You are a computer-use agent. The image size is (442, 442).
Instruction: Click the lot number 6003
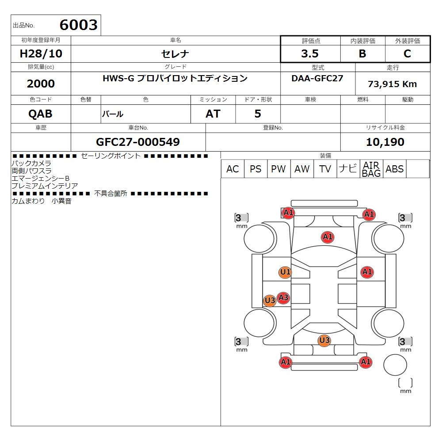click(x=78, y=25)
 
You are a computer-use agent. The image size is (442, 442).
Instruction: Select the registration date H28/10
click(x=41, y=54)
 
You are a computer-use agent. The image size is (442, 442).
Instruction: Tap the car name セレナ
click(x=175, y=54)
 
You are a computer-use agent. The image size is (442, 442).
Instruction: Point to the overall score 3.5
click(x=310, y=54)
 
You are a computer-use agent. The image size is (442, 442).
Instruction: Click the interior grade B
click(x=362, y=54)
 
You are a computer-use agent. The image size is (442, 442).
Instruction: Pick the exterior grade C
click(x=408, y=54)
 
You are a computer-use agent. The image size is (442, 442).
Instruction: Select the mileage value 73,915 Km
click(x=392, y=84)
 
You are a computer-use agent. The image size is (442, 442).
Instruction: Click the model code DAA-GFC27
click(x=318, y=78)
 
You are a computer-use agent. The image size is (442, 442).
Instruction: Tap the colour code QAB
click(x=40, y=114)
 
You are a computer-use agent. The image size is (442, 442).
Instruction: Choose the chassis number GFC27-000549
click(x=138, y=142)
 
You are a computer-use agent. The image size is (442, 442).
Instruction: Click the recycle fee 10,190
click(x=385, y=142)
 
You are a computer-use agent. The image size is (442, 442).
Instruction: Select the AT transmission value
click(x=213, y=114)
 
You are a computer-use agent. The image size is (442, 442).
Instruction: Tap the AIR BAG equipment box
click(x=371, y=169)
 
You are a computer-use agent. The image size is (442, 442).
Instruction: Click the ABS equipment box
click(x=394, y=169)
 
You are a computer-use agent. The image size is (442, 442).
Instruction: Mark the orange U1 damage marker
click(x=285, y=272)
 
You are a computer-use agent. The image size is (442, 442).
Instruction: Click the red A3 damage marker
click(x=283, y=298)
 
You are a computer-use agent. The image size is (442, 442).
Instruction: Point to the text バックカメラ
click(x=31, y=163)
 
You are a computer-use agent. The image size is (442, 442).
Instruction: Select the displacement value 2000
click(x=41, y=84)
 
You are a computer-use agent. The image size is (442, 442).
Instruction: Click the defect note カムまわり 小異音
click(x=42, y=201)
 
